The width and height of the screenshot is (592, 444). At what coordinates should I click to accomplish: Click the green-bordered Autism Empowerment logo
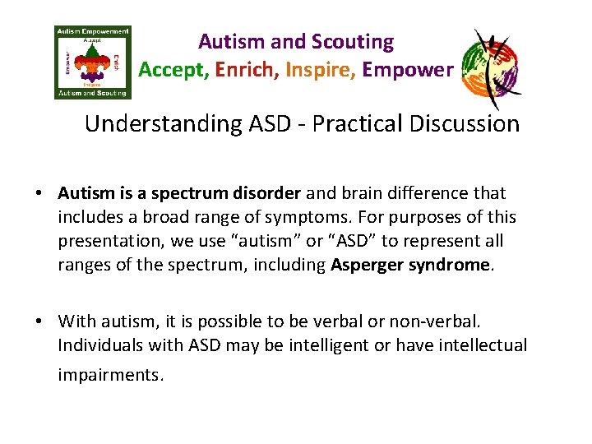coord(92,62)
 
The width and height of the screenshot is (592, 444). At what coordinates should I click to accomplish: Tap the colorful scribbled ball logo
coord(491,69)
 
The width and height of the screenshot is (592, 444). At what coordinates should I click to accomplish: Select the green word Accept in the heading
coord(173,70)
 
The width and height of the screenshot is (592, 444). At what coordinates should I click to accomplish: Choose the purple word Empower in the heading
coord(407,70)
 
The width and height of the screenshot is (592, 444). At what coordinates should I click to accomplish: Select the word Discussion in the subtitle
coord(467,124)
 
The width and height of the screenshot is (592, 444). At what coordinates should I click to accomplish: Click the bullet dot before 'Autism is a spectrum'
coord(39,194)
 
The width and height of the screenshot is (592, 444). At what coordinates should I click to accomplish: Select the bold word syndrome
coord(452,266)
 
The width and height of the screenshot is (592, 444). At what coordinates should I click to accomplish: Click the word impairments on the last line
coord(110,375)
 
